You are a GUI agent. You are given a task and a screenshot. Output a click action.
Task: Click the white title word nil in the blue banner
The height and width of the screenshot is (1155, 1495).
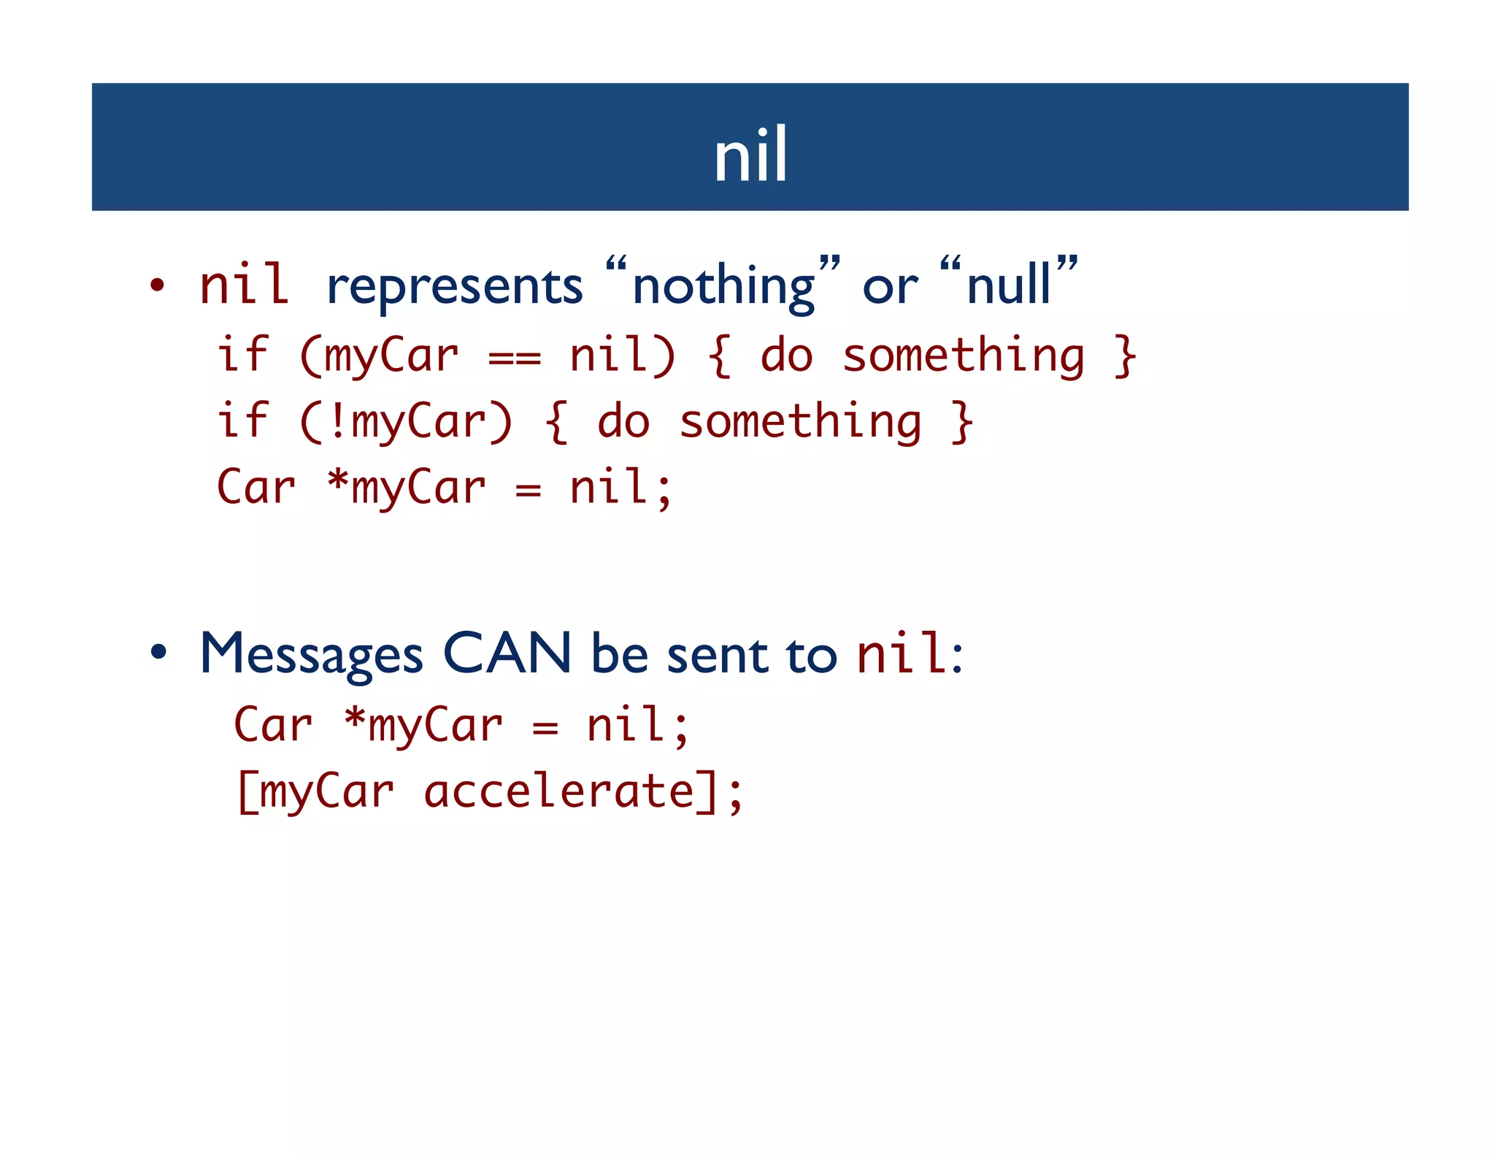750,155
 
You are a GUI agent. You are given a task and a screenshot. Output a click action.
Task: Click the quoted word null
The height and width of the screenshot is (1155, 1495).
1009,285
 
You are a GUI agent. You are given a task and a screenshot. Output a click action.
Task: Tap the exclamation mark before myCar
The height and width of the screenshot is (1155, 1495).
337,422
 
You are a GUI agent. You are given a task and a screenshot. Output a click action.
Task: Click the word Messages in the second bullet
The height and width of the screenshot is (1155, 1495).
311,654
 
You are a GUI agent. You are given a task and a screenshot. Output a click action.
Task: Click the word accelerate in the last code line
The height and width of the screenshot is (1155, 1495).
559,791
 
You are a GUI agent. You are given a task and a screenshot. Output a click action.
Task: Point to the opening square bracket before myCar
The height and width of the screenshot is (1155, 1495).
246,792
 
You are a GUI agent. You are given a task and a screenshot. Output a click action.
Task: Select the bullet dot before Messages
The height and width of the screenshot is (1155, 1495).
158,651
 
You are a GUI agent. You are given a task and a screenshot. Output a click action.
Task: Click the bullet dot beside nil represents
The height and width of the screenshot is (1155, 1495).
157,285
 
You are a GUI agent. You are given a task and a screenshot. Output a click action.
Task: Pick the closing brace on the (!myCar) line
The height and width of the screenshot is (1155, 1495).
962,422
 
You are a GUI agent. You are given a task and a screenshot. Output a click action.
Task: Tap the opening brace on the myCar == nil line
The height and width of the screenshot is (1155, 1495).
719,356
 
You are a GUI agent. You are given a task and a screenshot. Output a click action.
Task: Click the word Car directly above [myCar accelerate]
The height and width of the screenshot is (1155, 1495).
273,725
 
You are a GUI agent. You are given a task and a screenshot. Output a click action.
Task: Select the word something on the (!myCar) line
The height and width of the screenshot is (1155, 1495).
800,423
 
